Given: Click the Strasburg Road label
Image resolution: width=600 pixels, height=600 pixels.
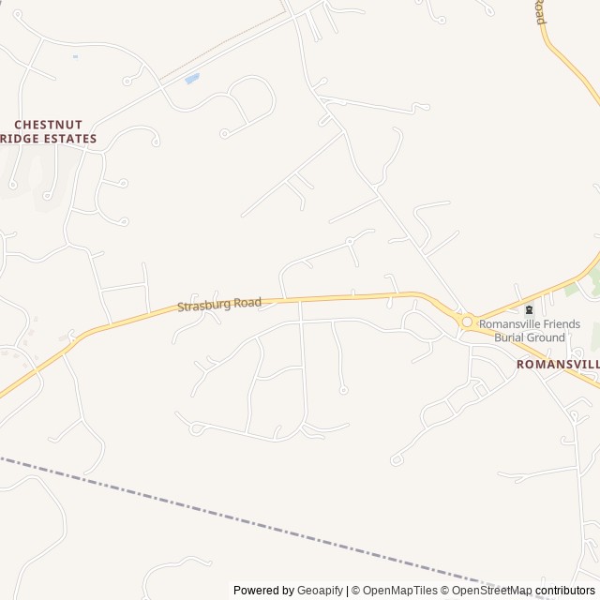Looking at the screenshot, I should pos(219,304).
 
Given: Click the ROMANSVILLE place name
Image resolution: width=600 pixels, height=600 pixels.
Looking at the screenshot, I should pos(559,362).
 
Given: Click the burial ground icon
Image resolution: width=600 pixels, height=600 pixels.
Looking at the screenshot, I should pos(530,310).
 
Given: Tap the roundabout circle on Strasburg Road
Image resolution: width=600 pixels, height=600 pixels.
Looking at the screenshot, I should pos(467,322).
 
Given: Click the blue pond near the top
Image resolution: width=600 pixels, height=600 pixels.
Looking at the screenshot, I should pos(192,79).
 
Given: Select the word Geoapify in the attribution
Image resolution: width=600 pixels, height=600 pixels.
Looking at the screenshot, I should pos(320,591).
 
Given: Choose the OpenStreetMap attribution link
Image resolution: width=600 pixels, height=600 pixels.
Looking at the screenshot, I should pos(491,591).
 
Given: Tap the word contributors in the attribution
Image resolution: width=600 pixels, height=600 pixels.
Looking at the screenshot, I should pos(565,591).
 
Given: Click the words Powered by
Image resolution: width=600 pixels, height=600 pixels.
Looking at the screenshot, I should pos(263,591).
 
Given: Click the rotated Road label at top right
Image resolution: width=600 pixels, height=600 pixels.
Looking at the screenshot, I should pos(540,12).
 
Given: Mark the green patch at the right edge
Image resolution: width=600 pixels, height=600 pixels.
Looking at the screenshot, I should pos(594,279).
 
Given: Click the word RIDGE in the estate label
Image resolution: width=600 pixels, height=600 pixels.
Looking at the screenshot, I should pos(14,139).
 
